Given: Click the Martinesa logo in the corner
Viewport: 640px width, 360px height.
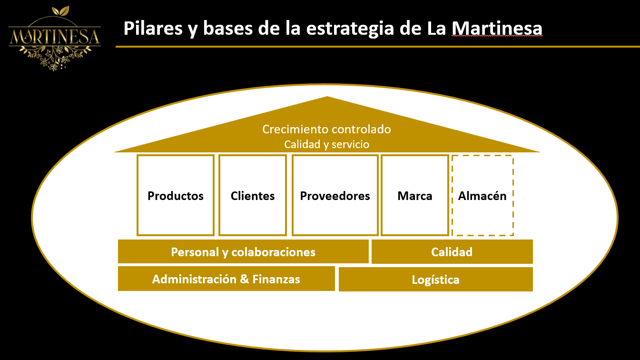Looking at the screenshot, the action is pyautogui.click(x=55, y=38).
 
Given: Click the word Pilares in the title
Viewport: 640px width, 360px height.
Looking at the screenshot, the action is pyautogui.click(x=153, y=28).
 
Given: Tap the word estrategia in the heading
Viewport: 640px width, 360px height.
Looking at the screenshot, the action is pyautogui.click(x=350, y=29).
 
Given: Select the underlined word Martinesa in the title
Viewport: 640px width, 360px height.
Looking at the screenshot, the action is pyautogui.click(x=497, y=28).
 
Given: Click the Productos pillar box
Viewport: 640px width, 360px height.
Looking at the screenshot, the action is pyautogui.click(x=176, y=195).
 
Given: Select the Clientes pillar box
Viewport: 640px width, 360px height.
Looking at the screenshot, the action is pyautogui.click(x=253, y=195).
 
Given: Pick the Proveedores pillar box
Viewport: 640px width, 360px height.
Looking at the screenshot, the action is pyautogui.click(x=335, y=195).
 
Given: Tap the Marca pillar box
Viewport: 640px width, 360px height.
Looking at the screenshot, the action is pyautogui.click(x=414, y=195).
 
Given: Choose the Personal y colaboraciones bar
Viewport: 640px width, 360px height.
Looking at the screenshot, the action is pyautogui.click(x=243, y=251).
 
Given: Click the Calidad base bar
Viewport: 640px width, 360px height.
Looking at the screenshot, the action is pyautogui.click(x=452, y=251).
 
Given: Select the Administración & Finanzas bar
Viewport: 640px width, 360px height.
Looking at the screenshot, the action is pyautogui.click(x=226, y=279).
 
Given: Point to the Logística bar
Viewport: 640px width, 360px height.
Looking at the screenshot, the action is pyautogui.click(x=436, y=280).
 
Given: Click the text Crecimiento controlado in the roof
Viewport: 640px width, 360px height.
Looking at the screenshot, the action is pyautogui.click(x=326, y=129).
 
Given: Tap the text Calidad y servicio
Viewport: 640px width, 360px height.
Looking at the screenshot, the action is pyautogui.click(x=326, y=144).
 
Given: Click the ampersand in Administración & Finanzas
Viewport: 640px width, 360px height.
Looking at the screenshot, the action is pyautogui.click(x=244, y=279).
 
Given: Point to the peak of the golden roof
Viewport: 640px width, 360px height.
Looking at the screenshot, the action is pyautogui.click(x=327, y=97).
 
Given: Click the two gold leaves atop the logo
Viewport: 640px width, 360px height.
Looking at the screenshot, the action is pyautogui.click(x=60, y=11).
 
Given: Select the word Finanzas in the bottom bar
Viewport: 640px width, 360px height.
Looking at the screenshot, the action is pyautogui.click(x=276, y=279).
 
